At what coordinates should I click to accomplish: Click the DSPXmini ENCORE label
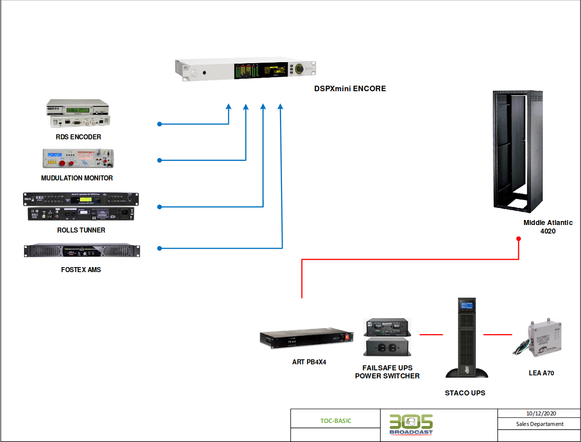350,89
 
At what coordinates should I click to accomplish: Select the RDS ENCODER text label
78,137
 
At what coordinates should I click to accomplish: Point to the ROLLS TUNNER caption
81,230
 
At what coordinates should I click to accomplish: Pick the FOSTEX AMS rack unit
82,251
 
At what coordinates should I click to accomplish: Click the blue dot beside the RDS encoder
159,124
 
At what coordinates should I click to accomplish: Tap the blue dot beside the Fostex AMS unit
159,248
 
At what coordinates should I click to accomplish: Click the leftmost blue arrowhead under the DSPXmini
228,107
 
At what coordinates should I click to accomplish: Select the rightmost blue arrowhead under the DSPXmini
280,107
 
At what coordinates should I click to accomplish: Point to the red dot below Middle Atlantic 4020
518,239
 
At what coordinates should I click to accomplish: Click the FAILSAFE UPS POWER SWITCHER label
387,372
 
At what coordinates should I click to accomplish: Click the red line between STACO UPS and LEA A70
498,334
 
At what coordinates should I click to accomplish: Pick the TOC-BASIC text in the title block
336,421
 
